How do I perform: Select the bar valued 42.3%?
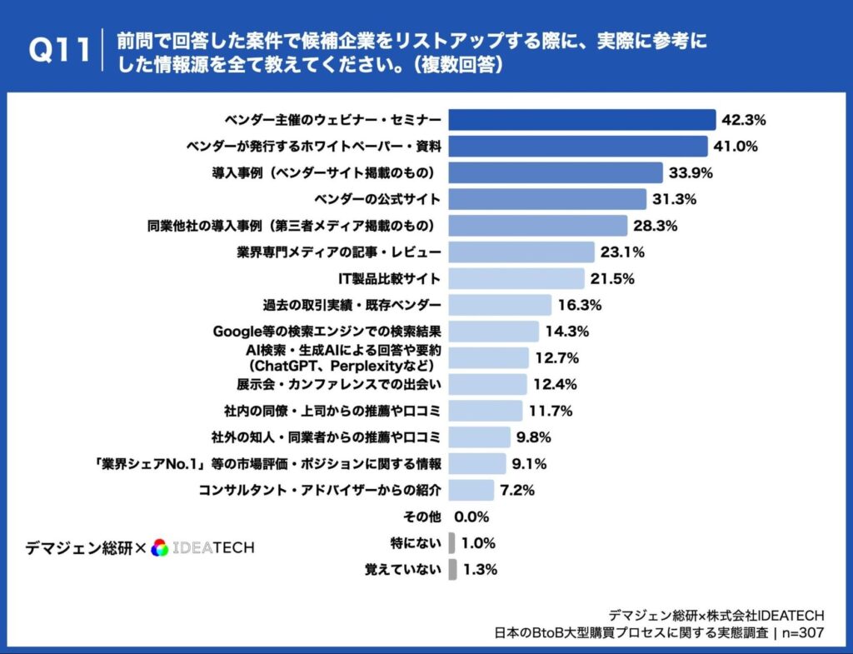(582, 119)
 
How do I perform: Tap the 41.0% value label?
(735, 147)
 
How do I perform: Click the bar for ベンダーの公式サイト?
(547, 199)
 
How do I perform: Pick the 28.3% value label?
(656, 226)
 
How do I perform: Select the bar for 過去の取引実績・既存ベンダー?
(500, 305)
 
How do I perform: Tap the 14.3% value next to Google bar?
(567, 331)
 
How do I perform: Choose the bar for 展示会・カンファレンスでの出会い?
(487, 384)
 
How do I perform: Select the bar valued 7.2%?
(471, 490)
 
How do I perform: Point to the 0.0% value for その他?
(472, 517)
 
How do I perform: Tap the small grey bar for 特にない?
(451, 543)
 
